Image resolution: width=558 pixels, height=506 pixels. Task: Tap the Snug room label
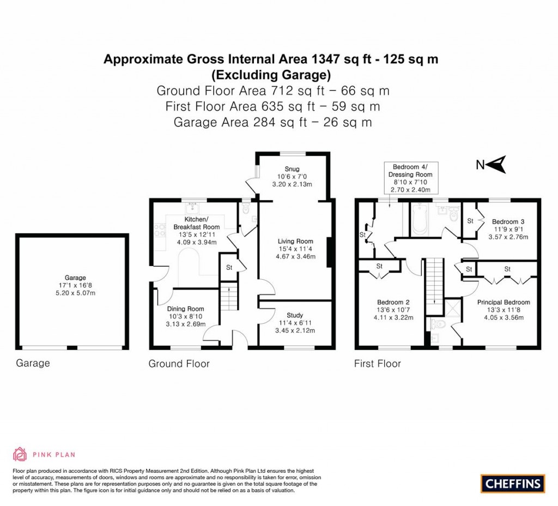click(292, 168)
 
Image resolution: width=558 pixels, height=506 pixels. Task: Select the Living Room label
click(295, 241)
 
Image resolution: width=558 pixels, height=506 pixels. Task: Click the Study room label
click(295, 315)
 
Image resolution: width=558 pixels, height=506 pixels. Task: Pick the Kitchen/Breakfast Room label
click(197, 222)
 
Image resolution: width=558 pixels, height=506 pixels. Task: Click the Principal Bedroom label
click(503, 302)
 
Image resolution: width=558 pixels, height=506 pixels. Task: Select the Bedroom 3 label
click(508, 221)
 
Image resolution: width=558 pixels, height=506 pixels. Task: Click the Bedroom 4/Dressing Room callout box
click(411, 178)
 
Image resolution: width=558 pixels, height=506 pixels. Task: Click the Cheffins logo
click(512, 483)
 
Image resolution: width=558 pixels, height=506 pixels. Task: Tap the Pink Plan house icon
click(20, 454)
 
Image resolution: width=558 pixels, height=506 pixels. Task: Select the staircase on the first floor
click(434, 280)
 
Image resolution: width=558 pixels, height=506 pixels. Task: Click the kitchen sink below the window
click(192, 208)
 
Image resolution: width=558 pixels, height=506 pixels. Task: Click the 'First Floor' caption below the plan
click(378, 364)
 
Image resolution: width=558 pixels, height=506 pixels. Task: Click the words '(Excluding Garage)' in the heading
click(271, 74)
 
